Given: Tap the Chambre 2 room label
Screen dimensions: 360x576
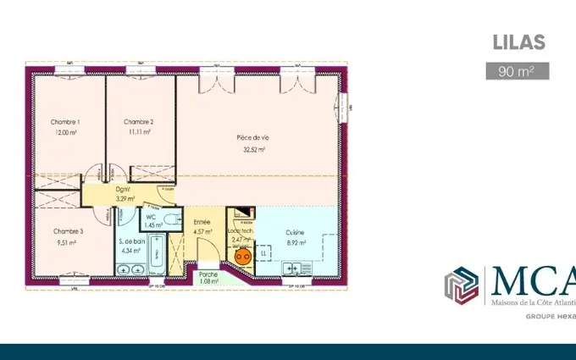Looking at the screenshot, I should click(x=137, y=122).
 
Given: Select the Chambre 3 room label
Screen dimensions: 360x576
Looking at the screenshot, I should click(x=68, y=231).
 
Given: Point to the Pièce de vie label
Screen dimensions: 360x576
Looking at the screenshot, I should click(x=251, y=137).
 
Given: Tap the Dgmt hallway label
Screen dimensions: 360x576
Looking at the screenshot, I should click(x=125, y=190).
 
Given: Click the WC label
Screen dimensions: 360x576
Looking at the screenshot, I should click(x=151, y=217).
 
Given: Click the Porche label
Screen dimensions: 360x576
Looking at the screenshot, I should click(x=208, y=274).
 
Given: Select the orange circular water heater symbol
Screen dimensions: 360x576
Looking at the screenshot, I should click(x=242, y=254).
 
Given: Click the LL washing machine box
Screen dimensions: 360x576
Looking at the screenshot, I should click(x=263, y=253).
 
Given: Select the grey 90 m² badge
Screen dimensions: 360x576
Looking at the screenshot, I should click(x=517, y=70).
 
